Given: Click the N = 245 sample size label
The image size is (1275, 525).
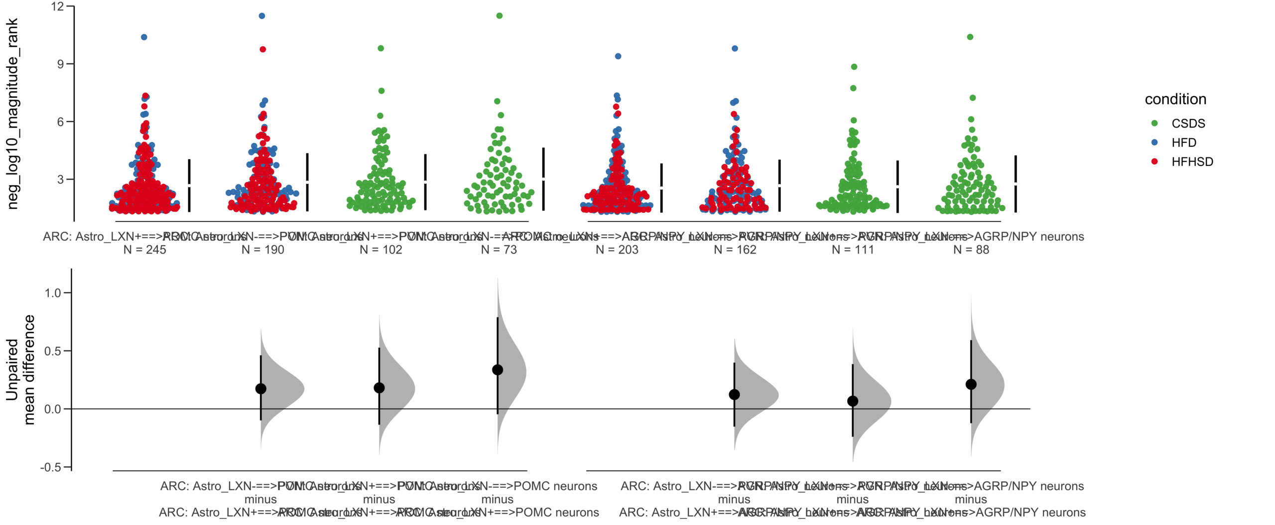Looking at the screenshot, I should (144, 250).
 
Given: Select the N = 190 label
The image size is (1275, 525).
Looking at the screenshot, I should (262, 250).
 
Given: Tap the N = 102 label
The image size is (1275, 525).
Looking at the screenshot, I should (381, 250).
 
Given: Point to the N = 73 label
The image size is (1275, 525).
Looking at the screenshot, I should (499, 250).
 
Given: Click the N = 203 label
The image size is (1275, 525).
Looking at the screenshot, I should (617, 250).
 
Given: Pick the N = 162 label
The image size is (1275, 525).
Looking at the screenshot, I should (735, 250).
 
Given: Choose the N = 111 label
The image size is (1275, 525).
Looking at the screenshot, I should (853, 250).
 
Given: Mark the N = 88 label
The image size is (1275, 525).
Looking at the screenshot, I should (971, 250).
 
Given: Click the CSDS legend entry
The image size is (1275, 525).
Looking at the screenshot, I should (1188, 124).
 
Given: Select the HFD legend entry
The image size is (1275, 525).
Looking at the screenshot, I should (1183, 143).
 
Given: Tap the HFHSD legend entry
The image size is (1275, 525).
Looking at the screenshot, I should (1192, 162).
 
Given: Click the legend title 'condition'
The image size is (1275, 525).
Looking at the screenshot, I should (1175, 100).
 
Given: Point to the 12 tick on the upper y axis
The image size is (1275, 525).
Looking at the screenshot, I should (58, 6).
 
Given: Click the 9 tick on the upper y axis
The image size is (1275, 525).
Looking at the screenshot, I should (61, 64).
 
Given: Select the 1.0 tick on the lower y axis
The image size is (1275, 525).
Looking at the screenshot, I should (53, 293).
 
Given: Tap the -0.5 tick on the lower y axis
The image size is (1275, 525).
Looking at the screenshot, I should (51, 467).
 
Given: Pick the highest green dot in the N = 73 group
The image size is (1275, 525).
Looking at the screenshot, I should (499, 16).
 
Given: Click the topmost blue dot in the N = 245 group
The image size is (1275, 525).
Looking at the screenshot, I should (144, 37).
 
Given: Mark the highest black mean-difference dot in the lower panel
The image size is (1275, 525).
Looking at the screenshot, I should (497, 370).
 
